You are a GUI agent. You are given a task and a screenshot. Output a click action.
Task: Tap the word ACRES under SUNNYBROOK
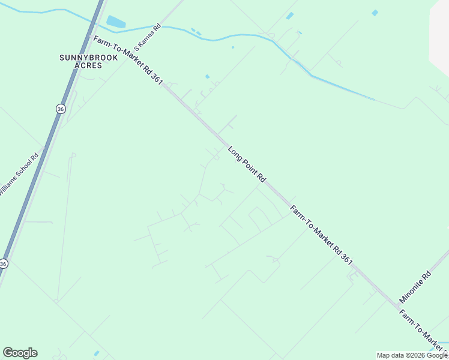88,65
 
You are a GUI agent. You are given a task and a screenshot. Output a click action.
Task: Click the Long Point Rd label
247,164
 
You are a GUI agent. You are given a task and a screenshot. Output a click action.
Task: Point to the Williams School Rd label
19,173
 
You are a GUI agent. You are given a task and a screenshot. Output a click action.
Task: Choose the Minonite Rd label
415,287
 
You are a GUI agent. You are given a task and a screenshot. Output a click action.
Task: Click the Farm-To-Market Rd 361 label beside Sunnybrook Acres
128,60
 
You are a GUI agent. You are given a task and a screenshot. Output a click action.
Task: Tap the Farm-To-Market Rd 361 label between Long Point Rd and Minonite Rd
322,235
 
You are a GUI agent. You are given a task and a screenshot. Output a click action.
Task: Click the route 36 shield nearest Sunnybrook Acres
60,109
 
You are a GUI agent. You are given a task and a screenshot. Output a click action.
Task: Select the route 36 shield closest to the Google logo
4,263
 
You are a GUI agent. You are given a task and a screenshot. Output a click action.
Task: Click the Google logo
20,353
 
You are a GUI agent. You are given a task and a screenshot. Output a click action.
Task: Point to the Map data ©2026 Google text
412,355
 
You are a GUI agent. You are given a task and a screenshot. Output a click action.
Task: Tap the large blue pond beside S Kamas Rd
115,23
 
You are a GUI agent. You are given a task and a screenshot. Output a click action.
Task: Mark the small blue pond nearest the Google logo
96,353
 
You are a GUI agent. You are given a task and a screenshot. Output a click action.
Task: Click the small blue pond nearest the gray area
375,13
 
